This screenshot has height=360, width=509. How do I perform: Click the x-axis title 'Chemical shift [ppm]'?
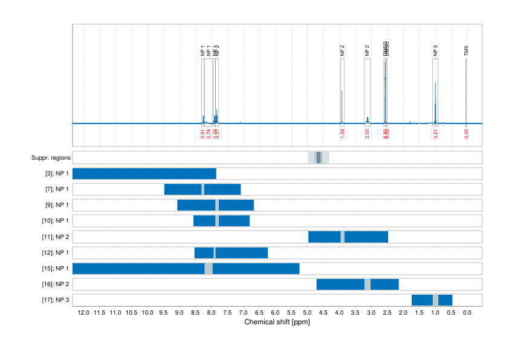pyautogui.click(x=277, y=322)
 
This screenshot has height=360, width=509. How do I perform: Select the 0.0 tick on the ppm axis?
pyautogui.click(x=467, y=313)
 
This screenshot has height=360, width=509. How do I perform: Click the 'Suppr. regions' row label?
pyautogui.click(x=51, y=158)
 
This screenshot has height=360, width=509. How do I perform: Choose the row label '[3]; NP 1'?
pyautogui.click(x=57, y=174)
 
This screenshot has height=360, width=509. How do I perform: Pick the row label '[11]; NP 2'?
pyautogui.click(x=56, y=237)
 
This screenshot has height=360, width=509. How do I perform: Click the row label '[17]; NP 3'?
pyautogui.click(x=56, y=300)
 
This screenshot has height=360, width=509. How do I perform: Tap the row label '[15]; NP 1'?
pyautogui.click(x=56, y=269)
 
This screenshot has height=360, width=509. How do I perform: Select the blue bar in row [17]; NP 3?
pyautogui.click(x=432, y=300)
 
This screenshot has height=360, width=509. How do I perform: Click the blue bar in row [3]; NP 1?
pyautogui.click(x=144, y=174)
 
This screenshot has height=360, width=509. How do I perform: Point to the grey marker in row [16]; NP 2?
pyautogui.click(x=368, y=284)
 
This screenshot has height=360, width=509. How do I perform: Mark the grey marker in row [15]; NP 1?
pyautogui.click(x=209, y=269)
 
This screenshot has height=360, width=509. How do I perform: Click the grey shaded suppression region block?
pyautogui.click(x=319, y=158)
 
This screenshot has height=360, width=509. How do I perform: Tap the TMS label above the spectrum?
pyautogui.click(x=466, y=51)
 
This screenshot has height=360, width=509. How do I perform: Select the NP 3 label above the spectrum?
pyautogui.click(x=435, y=51)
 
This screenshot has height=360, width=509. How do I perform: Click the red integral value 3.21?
pyautogui.click(x=435, y=133)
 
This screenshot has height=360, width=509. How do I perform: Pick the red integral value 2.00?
pyautogui.click(x=368, y=133)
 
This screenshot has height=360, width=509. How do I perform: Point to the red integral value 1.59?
pyautogui.click(x=342, y=133)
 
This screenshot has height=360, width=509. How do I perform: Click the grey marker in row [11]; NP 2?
pyautogui.click(x=343, y=237)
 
